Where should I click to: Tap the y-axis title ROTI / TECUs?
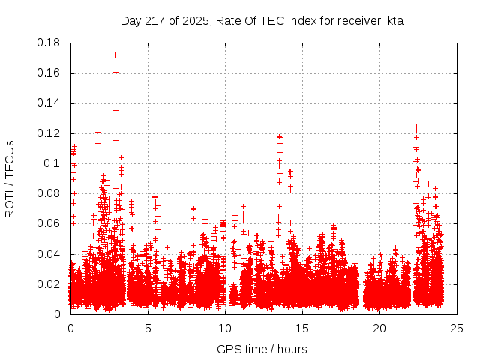coord(10,178)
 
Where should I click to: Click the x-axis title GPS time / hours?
coord(262,349)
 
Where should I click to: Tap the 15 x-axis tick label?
coord(302,328)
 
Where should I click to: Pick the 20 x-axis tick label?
coord(379,328)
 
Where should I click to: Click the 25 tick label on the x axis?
coord(457,328)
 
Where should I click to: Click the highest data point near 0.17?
coord(115,55)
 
